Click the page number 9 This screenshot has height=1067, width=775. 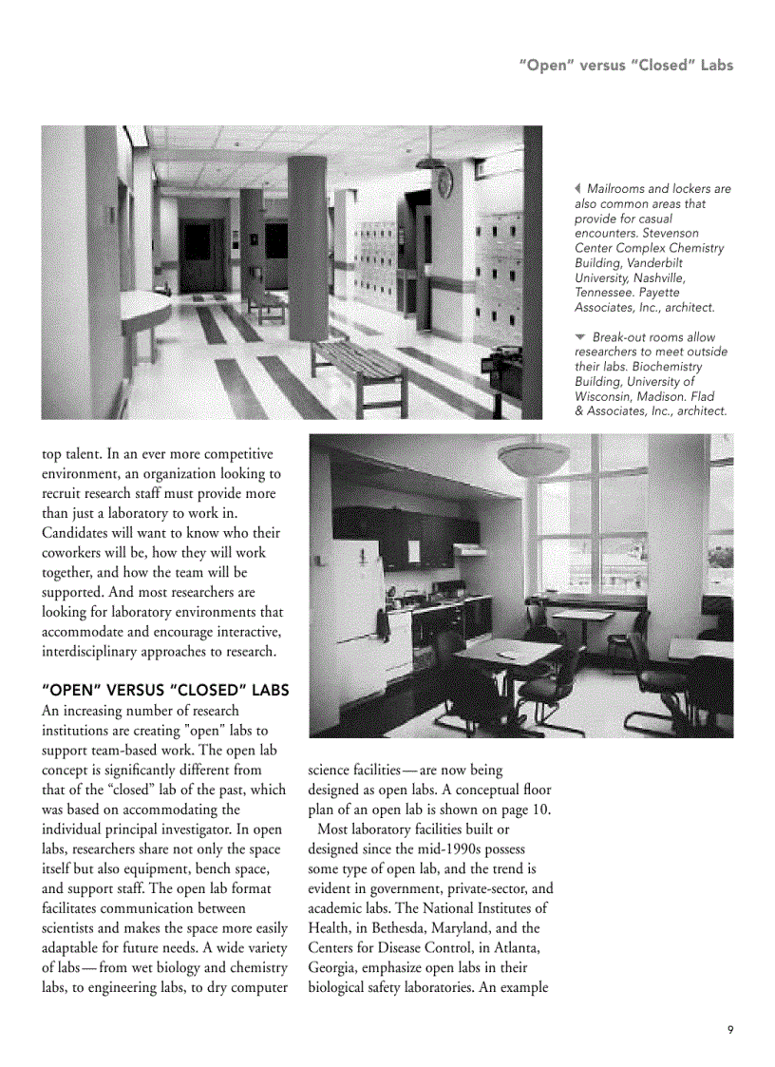pyautogui.click(x=729, y=1029)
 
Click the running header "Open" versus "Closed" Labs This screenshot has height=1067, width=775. pyautogui.click(x=626, y=66)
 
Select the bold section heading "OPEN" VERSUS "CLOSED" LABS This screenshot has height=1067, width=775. pyautogui.click(x=165, y=689)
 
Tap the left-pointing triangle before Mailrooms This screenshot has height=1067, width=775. pyautogui.click(x=578, y=189)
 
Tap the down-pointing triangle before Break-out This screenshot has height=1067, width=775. pyautogui.click(x=580, y=337)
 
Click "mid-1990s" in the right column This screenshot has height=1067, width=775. pyautogui.click(x=450, y=848)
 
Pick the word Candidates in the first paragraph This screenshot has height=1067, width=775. pyautogui.click(x=79, y=533)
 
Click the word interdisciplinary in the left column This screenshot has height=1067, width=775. pyautogui.click(x=98, y=651)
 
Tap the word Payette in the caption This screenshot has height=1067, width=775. pyautogui.click(x=655, y=293)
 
